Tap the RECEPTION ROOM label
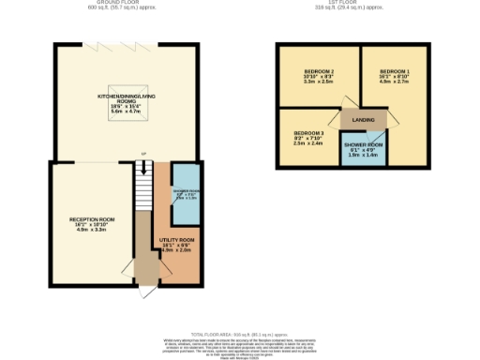pos(91,219)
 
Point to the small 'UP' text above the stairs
pos(142,155)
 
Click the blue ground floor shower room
pos(184,192)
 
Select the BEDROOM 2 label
pos(319,71)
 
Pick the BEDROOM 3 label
pos(307,133)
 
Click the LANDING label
pos(364,120)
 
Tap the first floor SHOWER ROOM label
pos(364,145)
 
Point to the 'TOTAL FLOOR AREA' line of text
pos(239,334)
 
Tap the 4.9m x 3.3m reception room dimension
pos(91,231)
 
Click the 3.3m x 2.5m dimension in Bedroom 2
pos(319,82)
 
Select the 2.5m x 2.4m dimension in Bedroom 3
pos(307,144)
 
